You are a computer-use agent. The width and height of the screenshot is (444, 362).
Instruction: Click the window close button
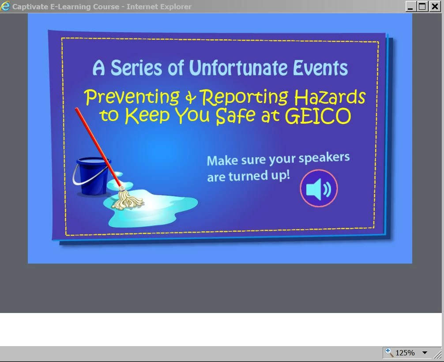tap(435, 6)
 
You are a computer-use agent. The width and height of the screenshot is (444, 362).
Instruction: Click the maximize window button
tap(422, 6)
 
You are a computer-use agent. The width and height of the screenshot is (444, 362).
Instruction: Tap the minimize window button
tap(410, 6)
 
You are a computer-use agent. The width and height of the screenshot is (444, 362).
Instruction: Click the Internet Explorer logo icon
tap(5, 6)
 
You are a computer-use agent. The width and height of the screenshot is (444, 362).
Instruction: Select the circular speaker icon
tap(319, 189)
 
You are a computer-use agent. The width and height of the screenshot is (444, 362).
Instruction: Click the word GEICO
tap(318, 116)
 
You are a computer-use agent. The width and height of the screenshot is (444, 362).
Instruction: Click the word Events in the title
tap(320, 68)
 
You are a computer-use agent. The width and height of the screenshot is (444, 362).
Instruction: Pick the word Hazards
tap(330, 97)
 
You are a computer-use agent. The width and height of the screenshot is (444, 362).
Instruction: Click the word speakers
tap(324, 158)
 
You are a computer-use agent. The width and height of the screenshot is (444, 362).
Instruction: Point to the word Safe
tap(236, 116)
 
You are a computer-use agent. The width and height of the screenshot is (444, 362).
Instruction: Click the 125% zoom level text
tap(405, 353)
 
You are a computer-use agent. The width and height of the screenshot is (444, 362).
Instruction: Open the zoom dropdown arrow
tap(425, 353)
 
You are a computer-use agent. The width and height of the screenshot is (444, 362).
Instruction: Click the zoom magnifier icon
tap(389, 352)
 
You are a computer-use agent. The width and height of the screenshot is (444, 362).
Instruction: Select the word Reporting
tap(244, 98)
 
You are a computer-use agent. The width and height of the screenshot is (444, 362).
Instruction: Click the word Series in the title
tap(136, 68)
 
